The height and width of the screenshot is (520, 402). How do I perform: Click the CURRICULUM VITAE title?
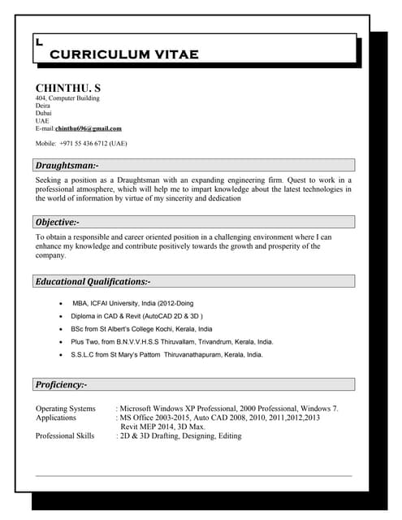point(123,54)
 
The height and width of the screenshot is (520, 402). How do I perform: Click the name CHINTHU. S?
point(67,87)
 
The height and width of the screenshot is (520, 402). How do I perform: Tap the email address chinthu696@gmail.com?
point(88,128)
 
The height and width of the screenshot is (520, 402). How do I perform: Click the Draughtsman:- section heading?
point(67,165)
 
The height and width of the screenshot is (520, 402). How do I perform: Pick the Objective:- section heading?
point(57,222)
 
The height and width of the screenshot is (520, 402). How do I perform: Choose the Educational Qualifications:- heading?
point(93,281)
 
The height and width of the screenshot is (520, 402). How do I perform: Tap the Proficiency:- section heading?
point(61,384)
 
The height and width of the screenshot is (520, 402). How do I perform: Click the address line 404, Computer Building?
point(67,98)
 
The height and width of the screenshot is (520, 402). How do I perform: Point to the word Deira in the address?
point(43,106)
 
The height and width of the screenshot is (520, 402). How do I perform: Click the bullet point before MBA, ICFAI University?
point(63,303)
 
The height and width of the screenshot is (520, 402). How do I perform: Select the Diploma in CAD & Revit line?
point(136,316)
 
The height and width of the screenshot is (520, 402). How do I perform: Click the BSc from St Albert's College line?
point(141,329)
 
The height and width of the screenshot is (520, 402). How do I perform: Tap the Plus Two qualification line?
point(172,342)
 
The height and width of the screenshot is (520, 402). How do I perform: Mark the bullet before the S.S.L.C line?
point(63,355)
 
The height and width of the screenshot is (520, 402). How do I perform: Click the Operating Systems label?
point(65,409)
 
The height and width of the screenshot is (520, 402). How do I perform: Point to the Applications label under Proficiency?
point(56,418)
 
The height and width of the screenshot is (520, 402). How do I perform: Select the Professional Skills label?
point(65,436)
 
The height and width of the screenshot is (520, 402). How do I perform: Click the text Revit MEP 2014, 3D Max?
point(162,427)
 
